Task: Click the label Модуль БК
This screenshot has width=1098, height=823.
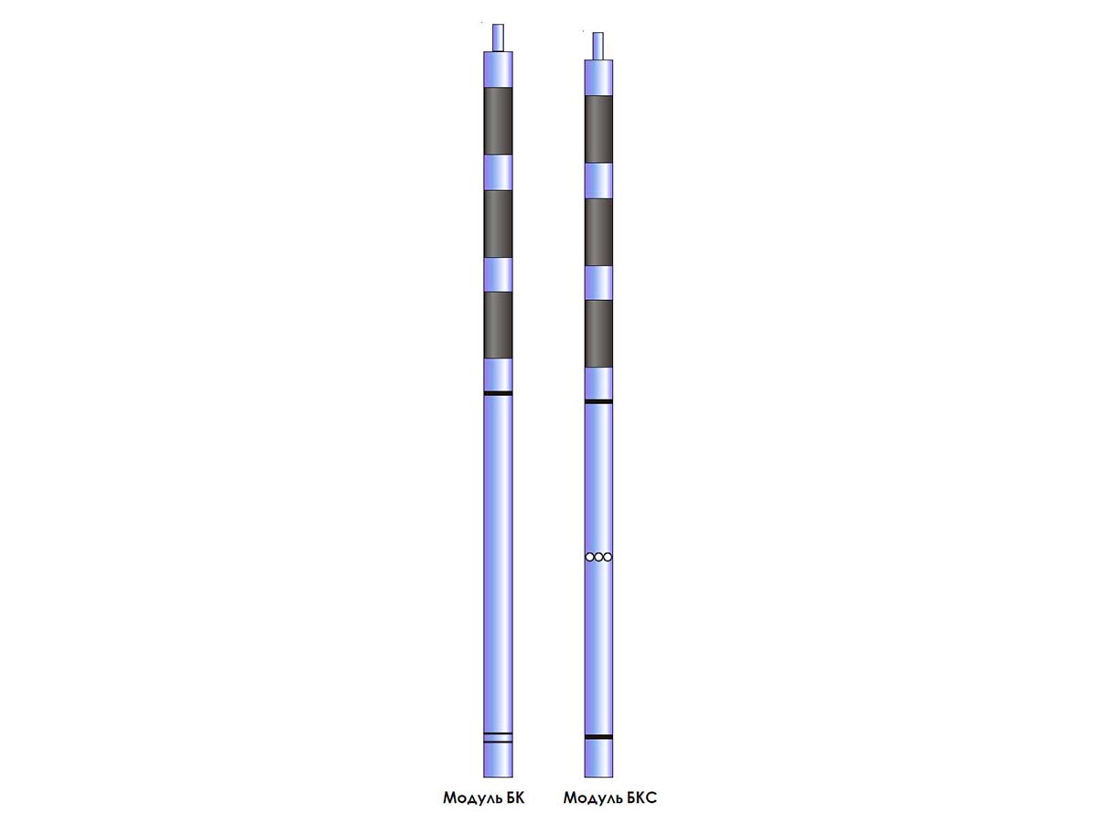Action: (x=483, y=798)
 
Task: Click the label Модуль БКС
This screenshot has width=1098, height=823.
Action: (x=609, y=798)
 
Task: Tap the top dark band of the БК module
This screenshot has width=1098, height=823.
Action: (x=498, y=121)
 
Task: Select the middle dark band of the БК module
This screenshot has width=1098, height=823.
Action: (x=498, y=224)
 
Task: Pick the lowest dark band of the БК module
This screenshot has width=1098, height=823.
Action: (x=498, y=326)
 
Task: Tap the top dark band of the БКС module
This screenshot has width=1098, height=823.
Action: (x=598, y=129)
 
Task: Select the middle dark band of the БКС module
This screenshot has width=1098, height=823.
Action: (x=598, y=232)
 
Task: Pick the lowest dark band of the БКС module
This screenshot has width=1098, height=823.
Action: (x=598, y=334)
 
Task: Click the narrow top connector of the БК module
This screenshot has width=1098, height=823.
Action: (x=498, y=37)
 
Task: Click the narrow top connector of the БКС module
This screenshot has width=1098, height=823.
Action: (x=597, y=46)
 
